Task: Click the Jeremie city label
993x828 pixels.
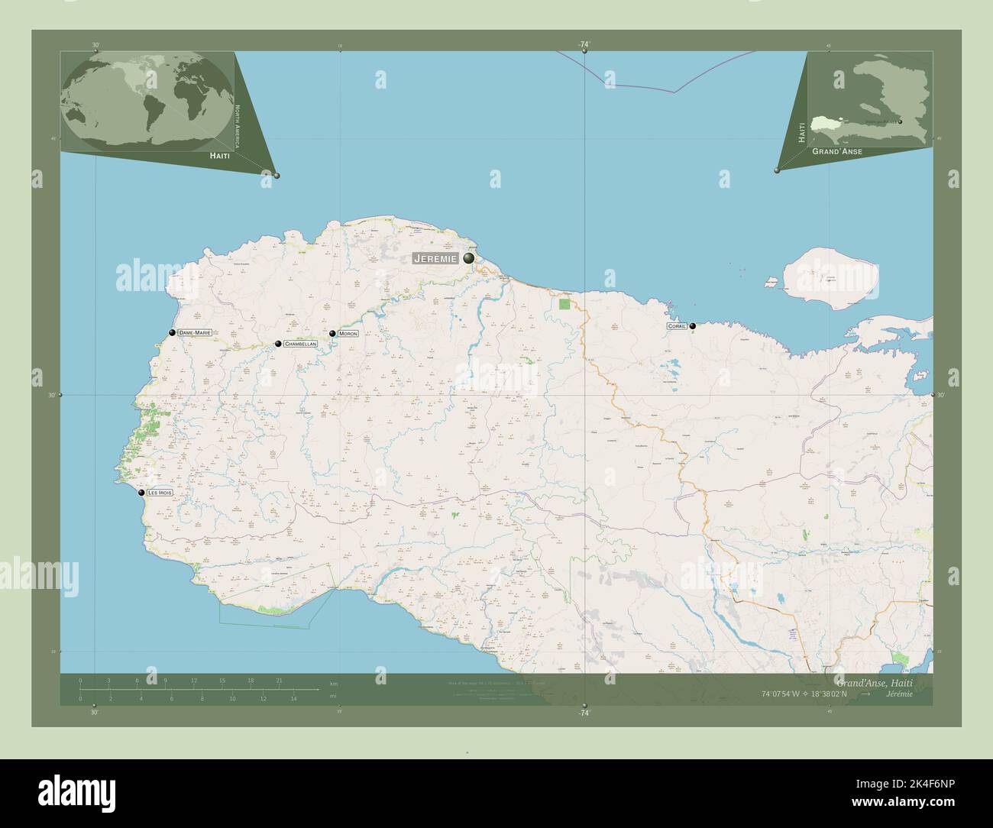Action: tap(435, 259)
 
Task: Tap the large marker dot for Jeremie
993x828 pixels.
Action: tap(468, 259)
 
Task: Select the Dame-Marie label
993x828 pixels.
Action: tap(194, 333)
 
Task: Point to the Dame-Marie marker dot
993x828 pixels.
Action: tap(173, 332)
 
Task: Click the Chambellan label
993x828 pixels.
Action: tap(299, 344)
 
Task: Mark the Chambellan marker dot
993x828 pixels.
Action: tap(278, 344)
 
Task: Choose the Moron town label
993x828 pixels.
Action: tap(348, 334)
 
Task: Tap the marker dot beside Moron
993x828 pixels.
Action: tap(332, 334)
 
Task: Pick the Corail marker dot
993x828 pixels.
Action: tap(693, 326)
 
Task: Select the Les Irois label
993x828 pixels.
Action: tap(160, 493)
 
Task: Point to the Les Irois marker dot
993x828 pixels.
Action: tap(141, 493)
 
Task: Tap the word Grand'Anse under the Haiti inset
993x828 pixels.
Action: tap(837, 152)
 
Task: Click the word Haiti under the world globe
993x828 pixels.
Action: tap(219, 155)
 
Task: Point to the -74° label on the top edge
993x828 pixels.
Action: tap(584, 45)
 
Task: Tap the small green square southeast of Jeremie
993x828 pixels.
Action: tap(564, 305)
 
